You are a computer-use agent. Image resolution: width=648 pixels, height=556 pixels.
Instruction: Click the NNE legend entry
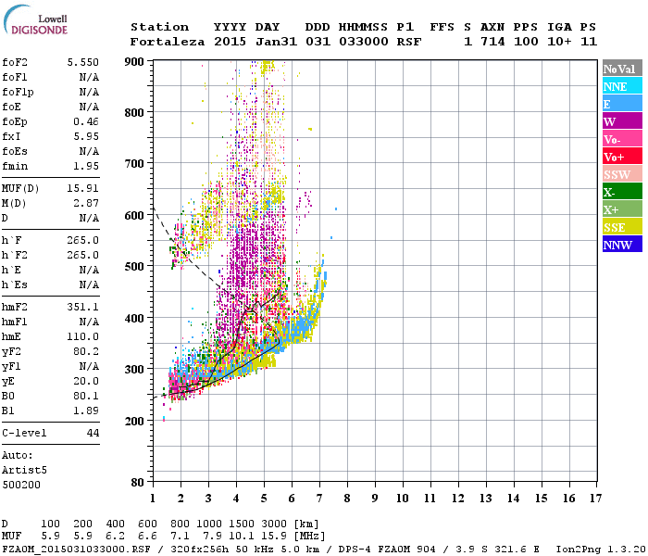click(621, 86)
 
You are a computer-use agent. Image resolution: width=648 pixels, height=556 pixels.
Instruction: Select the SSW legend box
click(621, 174)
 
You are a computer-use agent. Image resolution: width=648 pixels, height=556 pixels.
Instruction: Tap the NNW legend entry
click(621, 245)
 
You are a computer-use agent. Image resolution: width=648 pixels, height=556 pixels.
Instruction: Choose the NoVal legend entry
click(621, 69)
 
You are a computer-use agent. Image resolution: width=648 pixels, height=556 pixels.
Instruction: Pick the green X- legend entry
click(621, 192)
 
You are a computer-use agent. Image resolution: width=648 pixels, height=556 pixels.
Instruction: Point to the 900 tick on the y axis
click(134, 61)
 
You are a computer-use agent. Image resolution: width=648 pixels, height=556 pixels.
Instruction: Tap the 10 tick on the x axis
click(403, 498)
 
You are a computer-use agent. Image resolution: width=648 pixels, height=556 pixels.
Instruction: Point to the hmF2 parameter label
click(16, 305)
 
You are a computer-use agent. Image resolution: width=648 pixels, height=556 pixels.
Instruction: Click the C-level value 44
click(93, 433)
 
